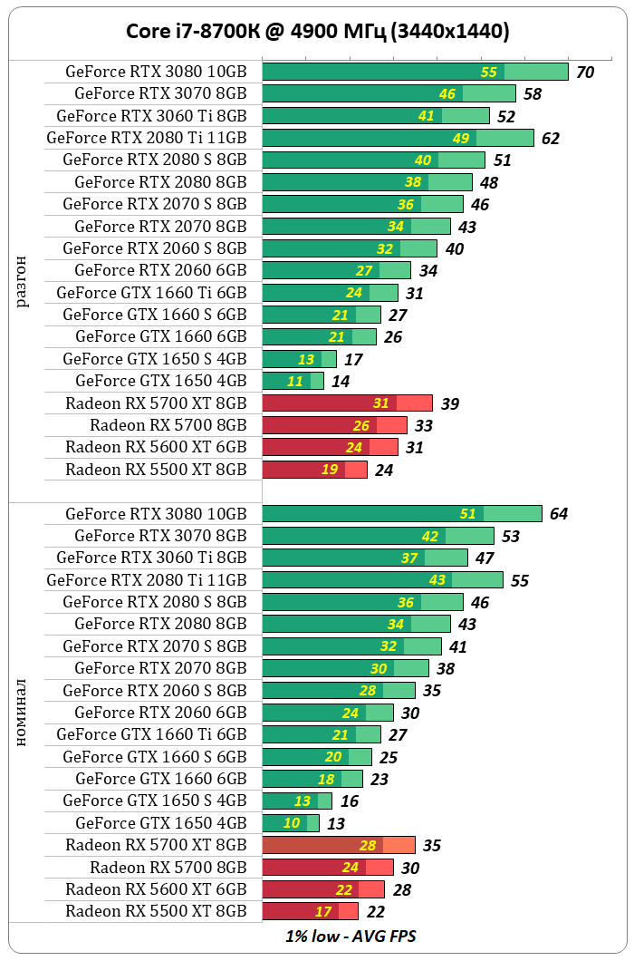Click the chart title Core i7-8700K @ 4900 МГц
[x=317, y=32]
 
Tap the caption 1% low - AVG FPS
[x=351, y=936]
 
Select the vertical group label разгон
[x=22, y=281]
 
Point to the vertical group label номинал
[x=22, y=712]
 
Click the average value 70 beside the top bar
[x=585, y=73]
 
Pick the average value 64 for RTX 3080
[x=559, y=514]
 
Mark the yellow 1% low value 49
[x=461, y=138]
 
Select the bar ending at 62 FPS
[x=398, y=138]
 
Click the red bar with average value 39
[x=347, y=403]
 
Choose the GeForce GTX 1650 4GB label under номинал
[x=160, y=823]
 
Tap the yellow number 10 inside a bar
[x=292, y=823]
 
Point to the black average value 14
[x=341, y=382]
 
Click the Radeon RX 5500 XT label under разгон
[x=156, y=470]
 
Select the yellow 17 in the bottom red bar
[x=323, y=911]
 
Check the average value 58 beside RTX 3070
[x=533, y=94]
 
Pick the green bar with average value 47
[x=365, y=558]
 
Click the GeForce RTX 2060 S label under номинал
[x=154, y=690]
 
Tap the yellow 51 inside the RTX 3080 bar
[x=467, y=514]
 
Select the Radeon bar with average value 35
[x=339, y=845]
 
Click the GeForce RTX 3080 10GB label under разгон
[x=156, y=72]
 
